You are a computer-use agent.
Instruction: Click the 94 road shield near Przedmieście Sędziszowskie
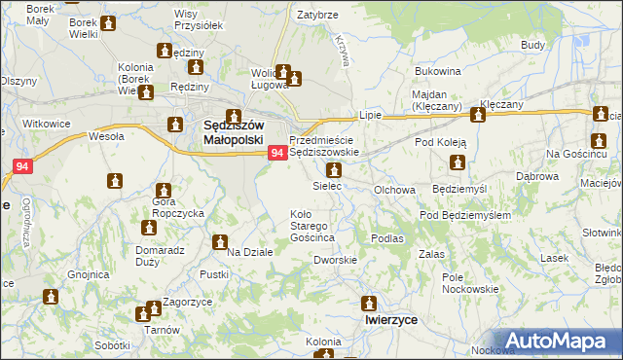point(277,153)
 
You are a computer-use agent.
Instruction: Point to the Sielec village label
point(327,185)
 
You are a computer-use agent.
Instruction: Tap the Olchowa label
point(395,190)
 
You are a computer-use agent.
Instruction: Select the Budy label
point(532,45)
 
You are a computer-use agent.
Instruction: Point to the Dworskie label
point(335,260)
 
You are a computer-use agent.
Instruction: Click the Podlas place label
point(386,237)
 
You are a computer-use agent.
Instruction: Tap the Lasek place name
point(554,258)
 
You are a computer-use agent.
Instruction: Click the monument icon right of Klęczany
point(478,116)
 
